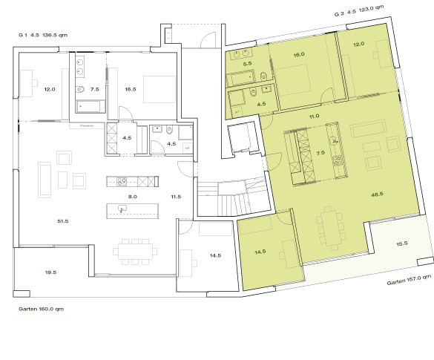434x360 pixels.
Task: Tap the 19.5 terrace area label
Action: pyautogui.click(x=50, y=272)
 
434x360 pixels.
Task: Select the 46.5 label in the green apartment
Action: pyautogui.click(x=376, y=194)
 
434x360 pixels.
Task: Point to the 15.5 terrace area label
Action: pyautogui.click(x=401, y=243)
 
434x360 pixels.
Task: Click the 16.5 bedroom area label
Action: pyautogui.click(x=130, y=89)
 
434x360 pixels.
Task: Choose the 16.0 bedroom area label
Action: pyautogui.click(x=299, y=55)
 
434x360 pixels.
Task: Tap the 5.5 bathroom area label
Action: pyautogui.click(x=248, y=65)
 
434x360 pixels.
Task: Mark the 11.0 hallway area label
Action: pyautogui.click(x=313, y=116)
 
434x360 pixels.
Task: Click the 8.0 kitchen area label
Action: pyautogui.click(x=133, y=197)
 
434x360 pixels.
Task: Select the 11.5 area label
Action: pyautogui.click(x=176, y=197)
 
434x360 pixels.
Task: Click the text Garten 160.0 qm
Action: pyautogui.click(x=41, y=308)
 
